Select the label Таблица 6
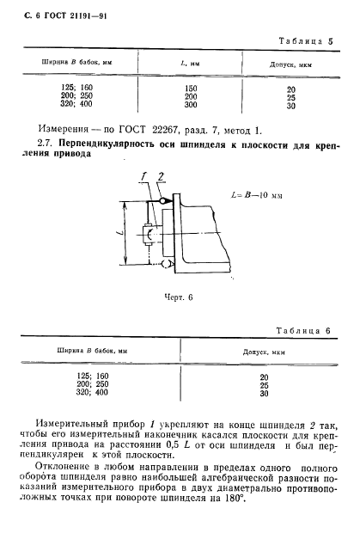coord(304,331)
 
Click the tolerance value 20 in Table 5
coord(291,89)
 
